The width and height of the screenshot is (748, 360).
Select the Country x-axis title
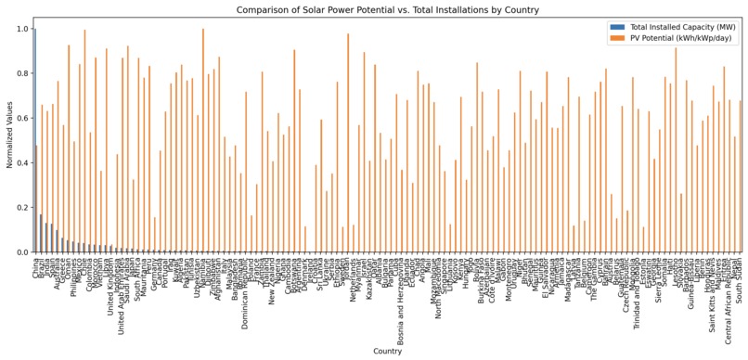[387, 352]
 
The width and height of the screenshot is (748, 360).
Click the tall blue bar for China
[34, 139]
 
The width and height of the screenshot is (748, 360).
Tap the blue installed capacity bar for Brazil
[40, 233]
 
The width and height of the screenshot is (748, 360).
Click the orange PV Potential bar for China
[36, 199]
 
